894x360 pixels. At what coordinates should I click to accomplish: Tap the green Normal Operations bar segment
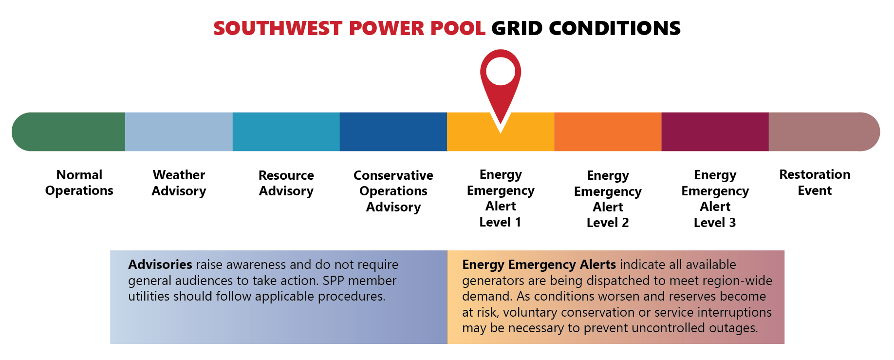pos(69,132)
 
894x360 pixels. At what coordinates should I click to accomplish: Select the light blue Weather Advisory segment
pos(179,132)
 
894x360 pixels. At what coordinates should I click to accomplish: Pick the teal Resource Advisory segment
pos(286,132)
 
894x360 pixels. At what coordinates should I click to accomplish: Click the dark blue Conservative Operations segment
pos(393,132)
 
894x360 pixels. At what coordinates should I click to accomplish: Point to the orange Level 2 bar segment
pos(608,132)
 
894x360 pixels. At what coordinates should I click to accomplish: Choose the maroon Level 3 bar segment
pos(715,132)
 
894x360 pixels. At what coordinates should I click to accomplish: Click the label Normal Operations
pos(79,183)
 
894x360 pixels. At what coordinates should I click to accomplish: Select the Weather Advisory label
pos(179,183)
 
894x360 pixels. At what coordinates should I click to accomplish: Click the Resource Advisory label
pos(286,183)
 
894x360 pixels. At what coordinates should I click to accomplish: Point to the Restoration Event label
pos(815,182)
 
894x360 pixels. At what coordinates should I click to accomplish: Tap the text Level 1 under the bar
pos(500,222)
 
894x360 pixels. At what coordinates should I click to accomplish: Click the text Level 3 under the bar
pos(715,223)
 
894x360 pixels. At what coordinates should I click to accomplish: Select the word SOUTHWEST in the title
pos(278,28)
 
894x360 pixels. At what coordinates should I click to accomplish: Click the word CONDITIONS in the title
pos(615,28)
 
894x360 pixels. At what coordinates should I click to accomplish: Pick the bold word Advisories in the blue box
pos(160,265)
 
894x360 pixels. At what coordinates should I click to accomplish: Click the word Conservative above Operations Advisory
pos(393,175)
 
